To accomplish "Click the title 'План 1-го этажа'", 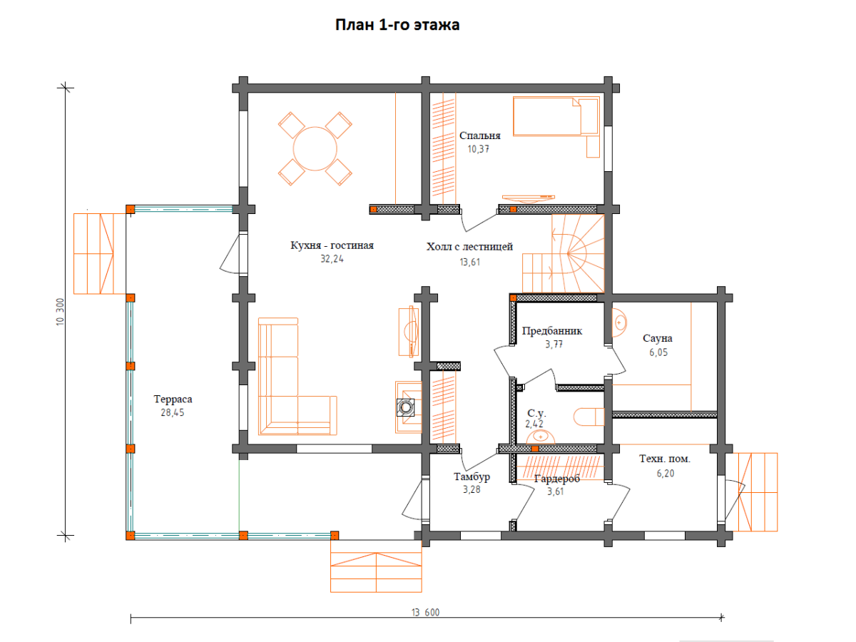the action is click(x=397, y=25).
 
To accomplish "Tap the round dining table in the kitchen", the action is click(x=315, y=148).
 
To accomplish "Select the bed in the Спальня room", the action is click(x=556, y=116).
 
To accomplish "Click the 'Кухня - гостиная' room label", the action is click(x=332, y=245).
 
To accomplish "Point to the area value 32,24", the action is click(x=332, y=259).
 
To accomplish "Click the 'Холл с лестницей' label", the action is click(x=469, y=246).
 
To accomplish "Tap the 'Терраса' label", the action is click(x=173, y=399).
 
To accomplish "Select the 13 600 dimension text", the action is click(x=425, y=612).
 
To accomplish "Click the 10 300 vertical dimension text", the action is click(x=60, y=312).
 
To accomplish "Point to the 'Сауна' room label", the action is click(x=658, y=338).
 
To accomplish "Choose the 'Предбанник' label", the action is click(x=552, y=331).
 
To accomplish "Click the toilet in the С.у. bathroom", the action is click(x=589, y=417).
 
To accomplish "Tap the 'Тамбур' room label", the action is click(x=472, y=477).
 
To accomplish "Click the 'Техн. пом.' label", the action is click(x=665, y=459).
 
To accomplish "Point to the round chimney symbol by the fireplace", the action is click(x=406, y=408).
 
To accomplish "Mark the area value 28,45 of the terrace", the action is click(x=173, y=412).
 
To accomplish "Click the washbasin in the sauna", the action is click(x=619, y=322).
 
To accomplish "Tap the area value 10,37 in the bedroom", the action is click(x=478, y=149).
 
